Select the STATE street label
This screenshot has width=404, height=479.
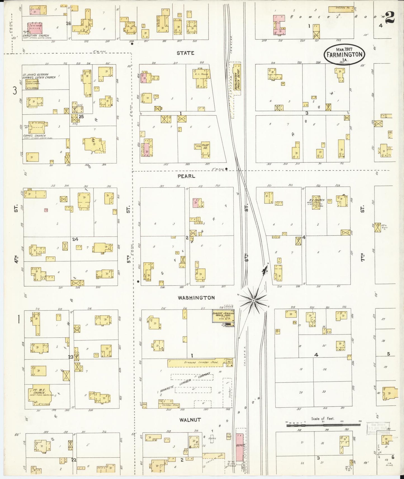click(185, 53)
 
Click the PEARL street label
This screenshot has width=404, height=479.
click(186, 176)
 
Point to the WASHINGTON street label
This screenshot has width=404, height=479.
click(196, 298)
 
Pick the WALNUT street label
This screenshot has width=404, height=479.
click(190, 419)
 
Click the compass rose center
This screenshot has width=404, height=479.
click(253, 301)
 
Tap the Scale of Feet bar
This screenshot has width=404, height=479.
click(323, 425)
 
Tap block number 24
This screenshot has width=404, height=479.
click(75, 239)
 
